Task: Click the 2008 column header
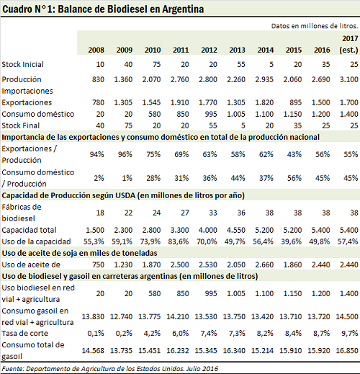[x=96, y=50]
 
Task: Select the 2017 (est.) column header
[x=348, y=44]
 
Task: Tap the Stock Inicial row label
[x=22, y=64]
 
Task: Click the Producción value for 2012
[x=208, y=79]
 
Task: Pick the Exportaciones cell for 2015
[x=295, y=102]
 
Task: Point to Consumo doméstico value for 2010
[x=154, y=114]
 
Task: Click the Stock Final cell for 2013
[x=243, y=125]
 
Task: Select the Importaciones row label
[x=27, y=91]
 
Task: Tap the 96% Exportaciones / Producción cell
[x=125, y=154]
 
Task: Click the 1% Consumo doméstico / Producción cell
[x=127, y=178]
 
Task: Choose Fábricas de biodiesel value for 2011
[x=185, y=213]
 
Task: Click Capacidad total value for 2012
[x=208, y=230]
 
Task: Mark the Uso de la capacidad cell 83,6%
[x=179, y=241]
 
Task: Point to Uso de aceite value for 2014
[x=264, y=264]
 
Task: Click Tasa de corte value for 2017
[x=350, y=333]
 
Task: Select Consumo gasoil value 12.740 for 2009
[x=121, y=316]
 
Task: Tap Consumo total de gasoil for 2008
[x=93, y=350]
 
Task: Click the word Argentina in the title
[x=183, y=9]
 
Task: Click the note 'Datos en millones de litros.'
[x=315, y=26]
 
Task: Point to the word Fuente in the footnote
[x=12, y=368]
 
